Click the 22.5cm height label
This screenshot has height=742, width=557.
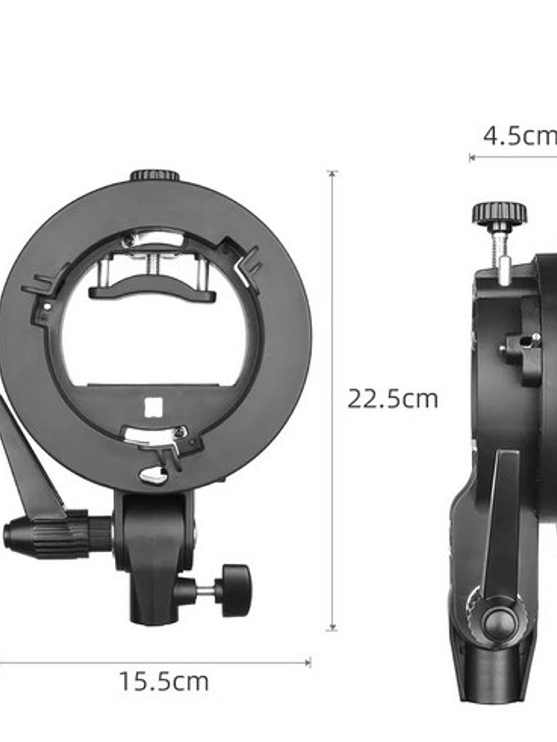pos(392,399)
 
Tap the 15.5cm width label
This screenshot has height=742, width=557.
pos(163,682)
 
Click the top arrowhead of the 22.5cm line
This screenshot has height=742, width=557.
pos(332,174)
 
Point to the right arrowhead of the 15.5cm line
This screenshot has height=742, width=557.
pos(308,662)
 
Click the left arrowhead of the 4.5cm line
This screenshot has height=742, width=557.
pos(472,157)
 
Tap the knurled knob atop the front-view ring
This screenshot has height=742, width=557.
pos(155,175)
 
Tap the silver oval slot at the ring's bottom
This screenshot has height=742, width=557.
pos(152,476)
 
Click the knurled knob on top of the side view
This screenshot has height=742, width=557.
pos(499,213)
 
